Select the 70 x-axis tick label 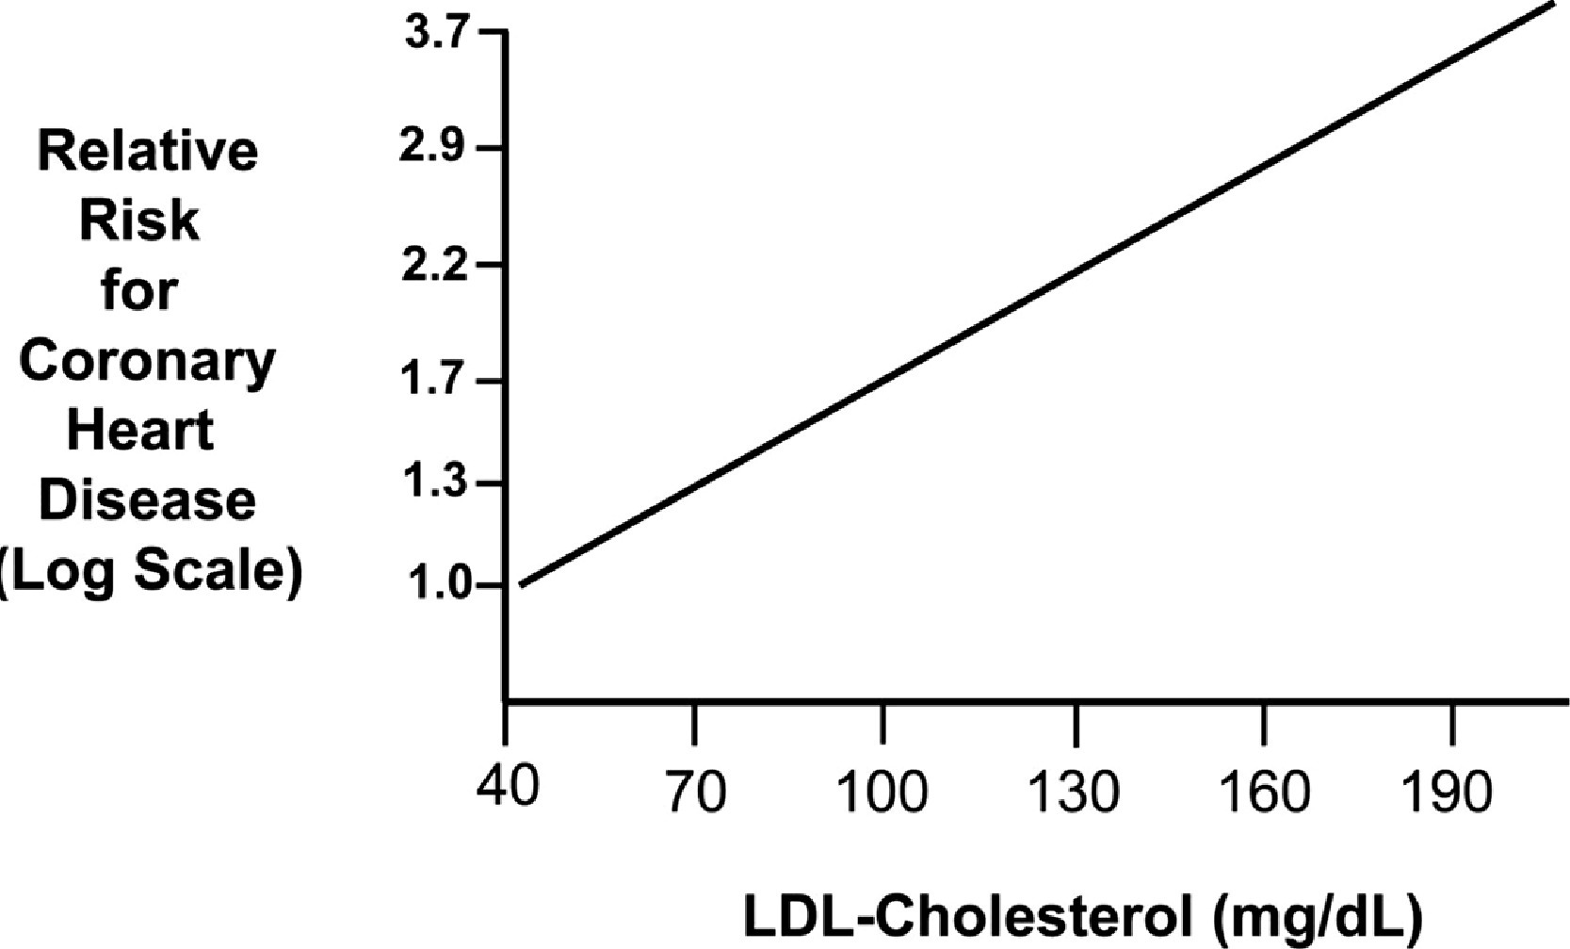[x=695, y=792]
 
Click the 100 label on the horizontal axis [x=882, y=792]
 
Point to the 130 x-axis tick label [x=1075, y=792]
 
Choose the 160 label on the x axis [x=1264, y=792]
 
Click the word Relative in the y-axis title [x=147, y=151]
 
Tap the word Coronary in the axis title [x=147, y=361]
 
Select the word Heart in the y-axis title [x=140, y=431]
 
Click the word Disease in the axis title [x=147, y=500]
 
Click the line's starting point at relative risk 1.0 [x=521, y=585]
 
